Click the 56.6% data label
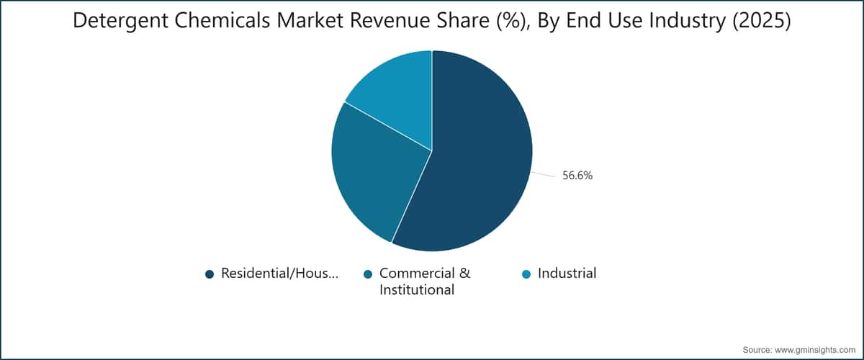(577, 176)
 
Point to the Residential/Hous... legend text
(279, 274)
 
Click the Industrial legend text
(567, 273)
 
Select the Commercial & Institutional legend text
(425, 282)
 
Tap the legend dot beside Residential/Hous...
(210, 274)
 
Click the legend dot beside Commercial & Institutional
(368, 274)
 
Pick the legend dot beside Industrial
(526, 274)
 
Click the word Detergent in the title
(121, 21)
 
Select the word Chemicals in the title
(222, 20)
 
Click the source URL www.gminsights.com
(815, 350)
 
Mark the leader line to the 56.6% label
(544, 175)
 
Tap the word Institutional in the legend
(417, 289)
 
